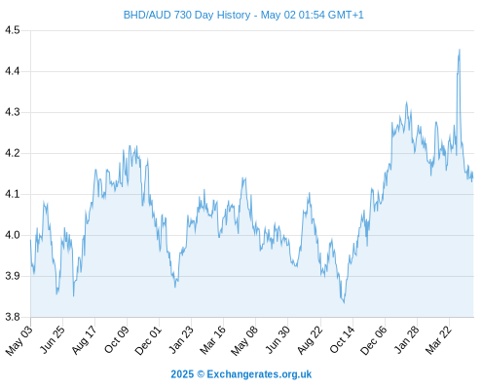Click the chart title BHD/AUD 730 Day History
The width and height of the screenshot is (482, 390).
187,15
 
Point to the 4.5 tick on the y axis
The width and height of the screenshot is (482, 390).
13,30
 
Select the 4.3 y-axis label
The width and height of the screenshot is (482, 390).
13,112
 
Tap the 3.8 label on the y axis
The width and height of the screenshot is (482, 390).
13,317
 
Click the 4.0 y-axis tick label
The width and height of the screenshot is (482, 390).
13,235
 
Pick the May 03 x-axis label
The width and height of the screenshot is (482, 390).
19,339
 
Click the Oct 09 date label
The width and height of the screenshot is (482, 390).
117,339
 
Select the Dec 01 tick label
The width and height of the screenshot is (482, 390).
148,339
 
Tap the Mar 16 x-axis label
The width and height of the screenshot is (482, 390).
212,339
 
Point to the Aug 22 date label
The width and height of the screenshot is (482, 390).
310,339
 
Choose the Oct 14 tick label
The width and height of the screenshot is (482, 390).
343,339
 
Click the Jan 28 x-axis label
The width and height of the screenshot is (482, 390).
406,339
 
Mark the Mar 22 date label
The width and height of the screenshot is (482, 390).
438,339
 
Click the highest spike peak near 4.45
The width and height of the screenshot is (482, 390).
460,50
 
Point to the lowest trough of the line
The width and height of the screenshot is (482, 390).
344,303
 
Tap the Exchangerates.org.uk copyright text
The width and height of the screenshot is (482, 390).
259,374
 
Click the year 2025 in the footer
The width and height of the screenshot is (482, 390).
182,374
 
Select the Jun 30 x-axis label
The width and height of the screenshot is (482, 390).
278,339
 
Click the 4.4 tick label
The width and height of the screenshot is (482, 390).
13,71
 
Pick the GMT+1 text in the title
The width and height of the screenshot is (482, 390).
346,15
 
